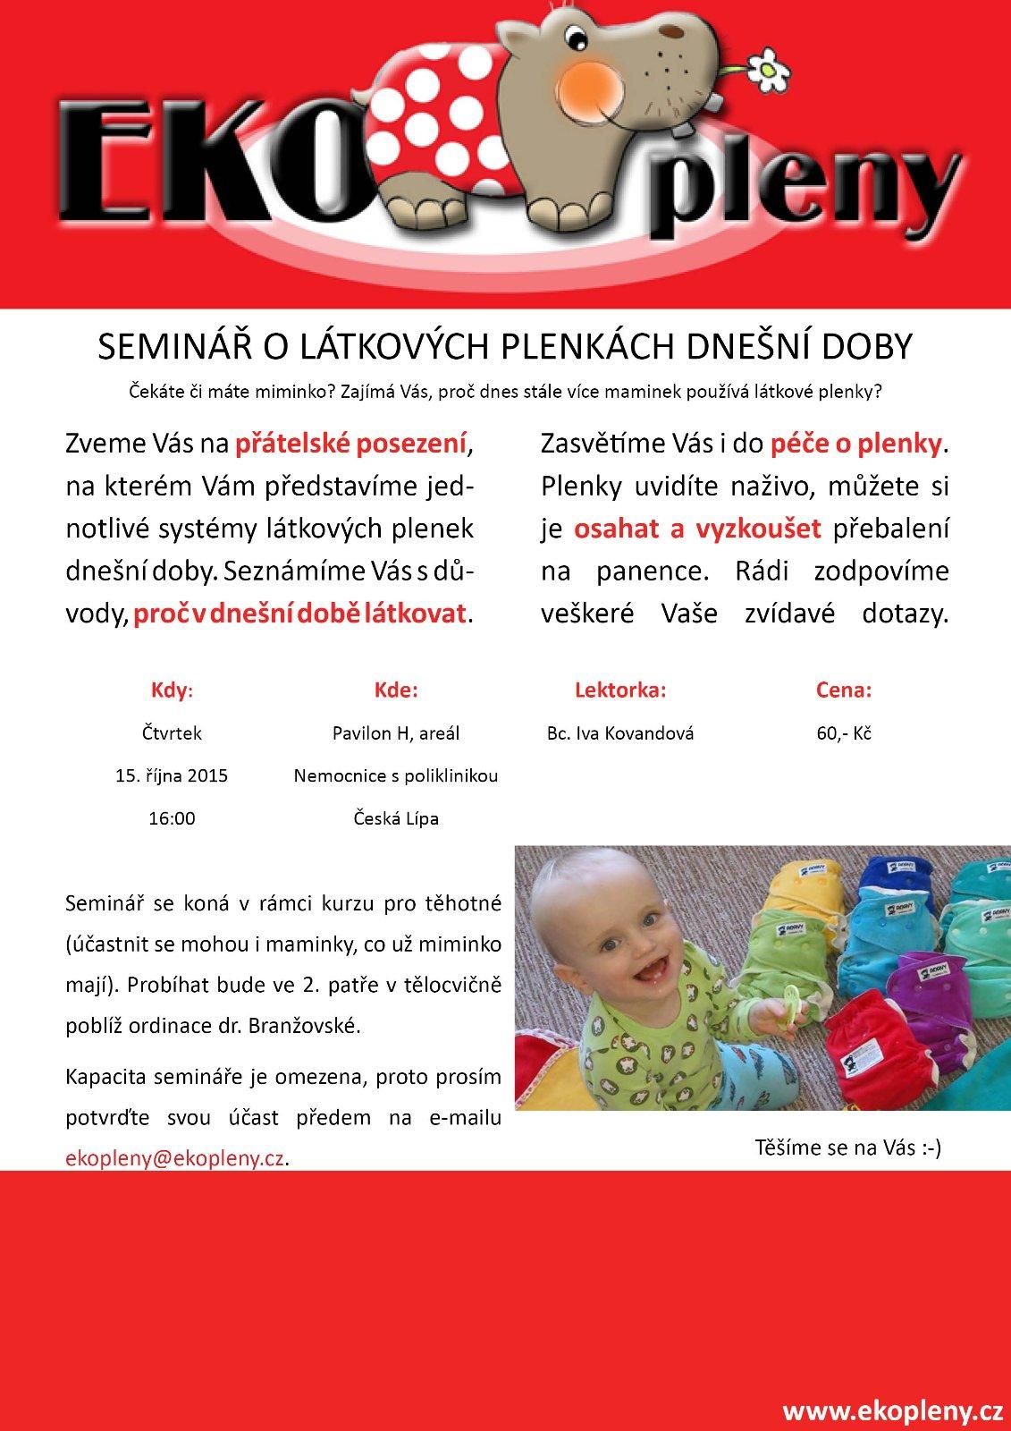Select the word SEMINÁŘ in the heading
(x=163, y=346)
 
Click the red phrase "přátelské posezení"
(x=351, y=443)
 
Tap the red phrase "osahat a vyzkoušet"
(x=697, y=529)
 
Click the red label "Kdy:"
(x=171, y=690)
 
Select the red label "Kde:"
(x=395, y=690)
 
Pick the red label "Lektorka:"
(x=620, y=690)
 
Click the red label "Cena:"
(x=843, y=690)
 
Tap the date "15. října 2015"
(x=172, y=775)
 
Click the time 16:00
(x=172, y=818)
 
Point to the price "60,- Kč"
(x=844, y=733)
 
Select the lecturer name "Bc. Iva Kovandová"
(x=620, y=733)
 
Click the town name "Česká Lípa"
(x=395, y=818)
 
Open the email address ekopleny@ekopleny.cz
(x=176, y=1158)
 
